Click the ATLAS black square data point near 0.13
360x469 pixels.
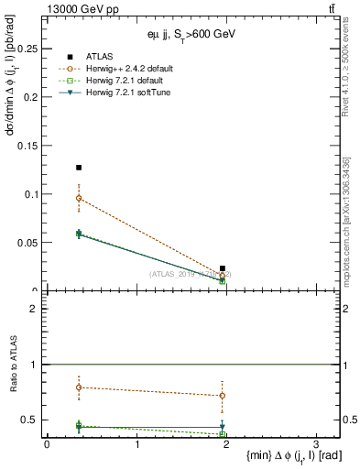79,168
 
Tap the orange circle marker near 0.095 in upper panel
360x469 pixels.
79,198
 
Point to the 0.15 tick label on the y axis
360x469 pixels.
28,145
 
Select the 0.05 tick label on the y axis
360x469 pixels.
28,243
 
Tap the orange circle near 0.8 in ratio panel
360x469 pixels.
79,387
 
